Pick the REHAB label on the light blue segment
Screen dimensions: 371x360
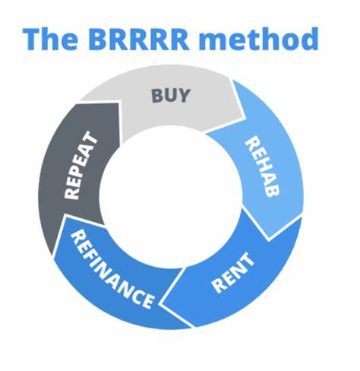tap(259, 166)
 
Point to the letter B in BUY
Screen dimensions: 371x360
tap(156, 97)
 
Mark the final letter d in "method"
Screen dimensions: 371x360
tap(308, 37)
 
